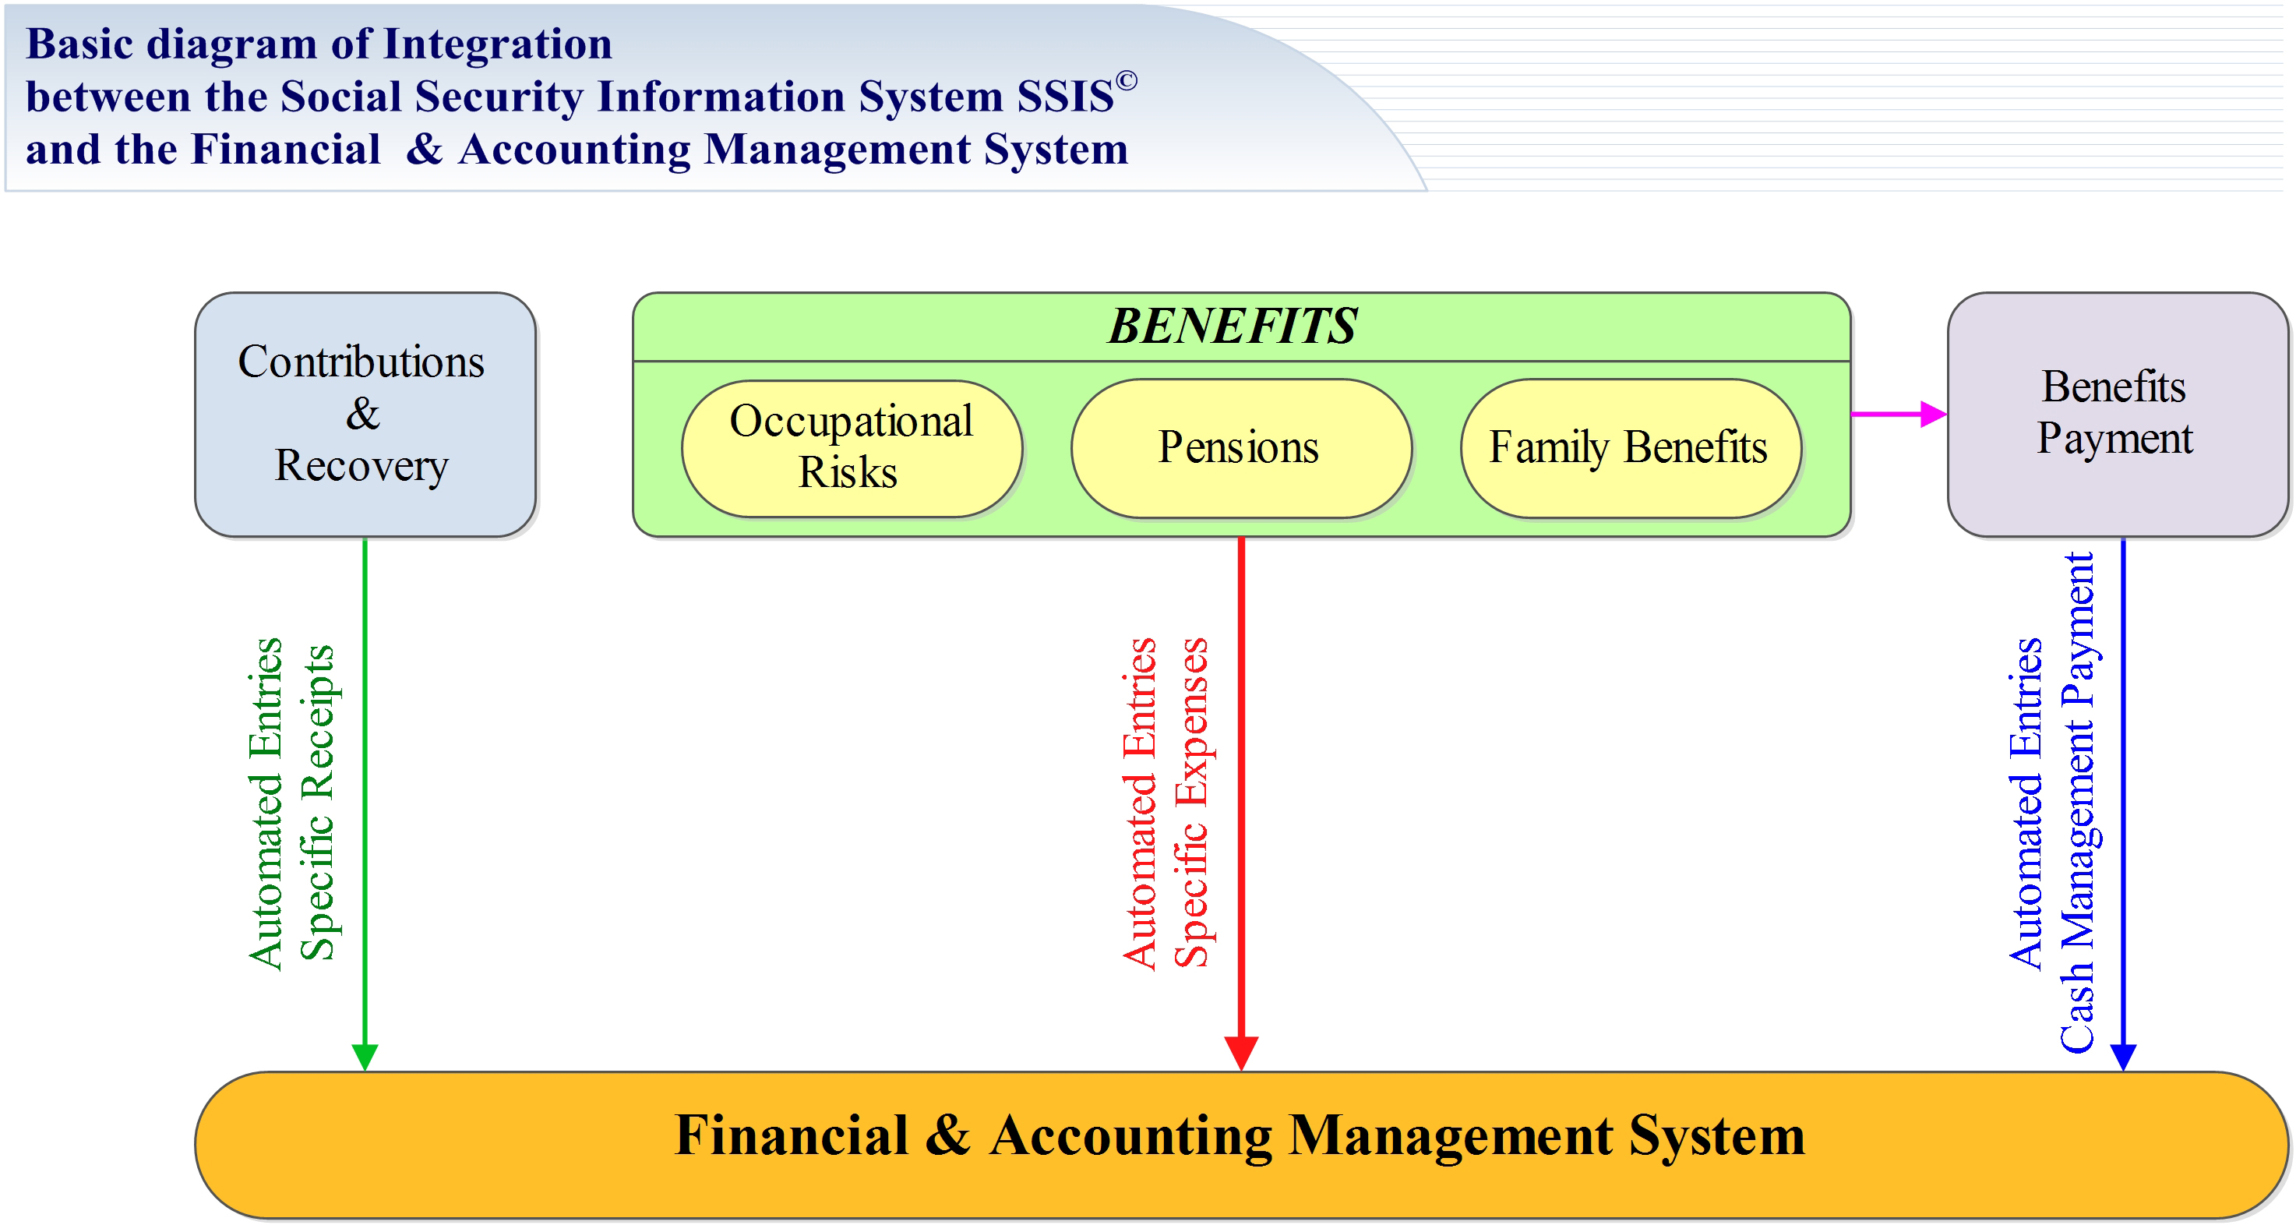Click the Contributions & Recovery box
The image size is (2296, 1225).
pos(365,415)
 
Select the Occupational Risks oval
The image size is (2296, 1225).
pos(852,448)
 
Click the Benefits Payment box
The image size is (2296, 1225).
pos(2118,415)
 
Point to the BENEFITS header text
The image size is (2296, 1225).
pos(1233,327)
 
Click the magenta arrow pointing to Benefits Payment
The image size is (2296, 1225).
pos(1899,414)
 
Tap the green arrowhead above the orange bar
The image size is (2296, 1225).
pos(365,1057)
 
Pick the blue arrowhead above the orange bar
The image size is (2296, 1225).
pos(2124,1057)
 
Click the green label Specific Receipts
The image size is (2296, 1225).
pos(317,803)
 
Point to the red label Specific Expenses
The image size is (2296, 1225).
pos(1192,803)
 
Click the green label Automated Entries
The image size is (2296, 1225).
pos(266,803)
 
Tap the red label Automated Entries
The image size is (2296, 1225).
pos(1140,803)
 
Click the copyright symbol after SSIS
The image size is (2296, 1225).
pos(1127,81)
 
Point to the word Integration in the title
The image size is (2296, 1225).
pos(497,44)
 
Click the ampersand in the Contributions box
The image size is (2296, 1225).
pos(363,413)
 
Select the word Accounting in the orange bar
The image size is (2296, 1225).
pos(1131,1138)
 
